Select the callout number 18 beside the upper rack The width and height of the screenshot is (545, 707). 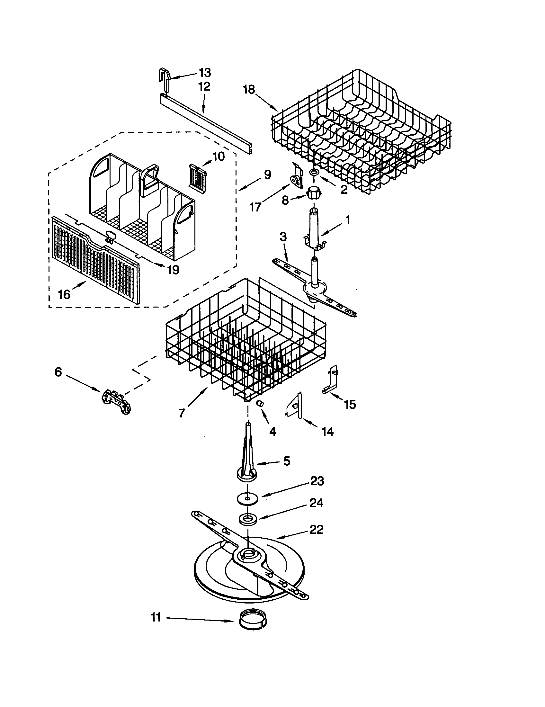tap(249, 89)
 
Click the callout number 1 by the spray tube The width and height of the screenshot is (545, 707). tap(347, 220)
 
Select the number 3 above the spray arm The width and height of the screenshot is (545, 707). tap(282, 237)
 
